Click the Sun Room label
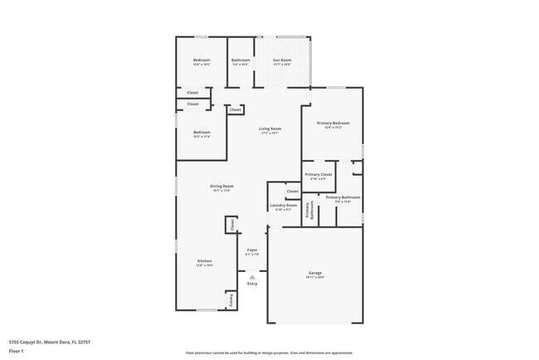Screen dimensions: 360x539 (x=283, y=61)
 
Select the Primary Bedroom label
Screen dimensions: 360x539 (x=333, y=123)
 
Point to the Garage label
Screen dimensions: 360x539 (x=315, y=273)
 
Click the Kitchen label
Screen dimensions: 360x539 (x=205, y=261)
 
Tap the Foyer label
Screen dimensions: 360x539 (x=252, y=250)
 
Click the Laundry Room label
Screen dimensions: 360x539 (x=284, y=205)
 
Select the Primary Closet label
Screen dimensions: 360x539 (x=318, y=174)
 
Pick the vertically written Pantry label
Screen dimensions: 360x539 (x=231, y=299)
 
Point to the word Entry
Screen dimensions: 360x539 (x=252, y=284)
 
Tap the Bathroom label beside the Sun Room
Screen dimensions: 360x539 (x=241, y=61)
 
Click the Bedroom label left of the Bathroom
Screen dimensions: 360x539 (x=202, y=61)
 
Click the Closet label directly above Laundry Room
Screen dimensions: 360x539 (x=292, y=192)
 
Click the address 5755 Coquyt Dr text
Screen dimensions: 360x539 (x=49, y=340)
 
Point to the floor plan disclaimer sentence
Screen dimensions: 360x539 (x=269, y=353)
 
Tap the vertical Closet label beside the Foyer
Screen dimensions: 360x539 (x=231, y=224)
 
